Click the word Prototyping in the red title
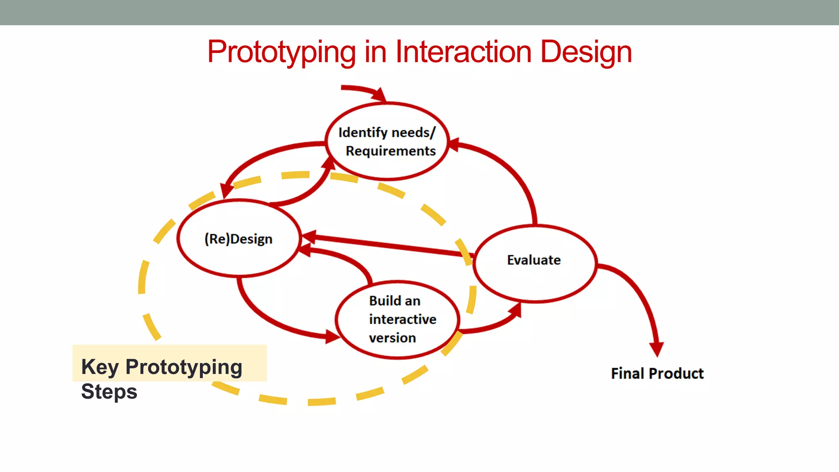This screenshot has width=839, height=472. pyautogui.click(x=281, y=52)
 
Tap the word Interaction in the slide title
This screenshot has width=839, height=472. pyautogui.click(x=463, y=52)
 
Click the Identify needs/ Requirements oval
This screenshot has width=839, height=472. pyautogui.click(x=387, y=141)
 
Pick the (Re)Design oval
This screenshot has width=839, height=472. pyautogui.click(x=239, y=238)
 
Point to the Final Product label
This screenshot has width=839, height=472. pyautogui.click(x=657, y=373)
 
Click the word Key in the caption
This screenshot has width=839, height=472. pyautogui.click(x=100, y=367)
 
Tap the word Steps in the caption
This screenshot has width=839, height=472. pyautogui.click(x=109, y=391)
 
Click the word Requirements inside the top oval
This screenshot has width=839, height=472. pyautogui.click(x=390, y=151)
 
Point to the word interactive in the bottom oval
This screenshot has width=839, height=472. pyautogui.click(x=402, y=319)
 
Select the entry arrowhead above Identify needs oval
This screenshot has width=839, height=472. pyautogui.click(x=380, y=95)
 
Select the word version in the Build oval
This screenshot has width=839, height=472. pyautogui.click(x=392, y=338)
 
